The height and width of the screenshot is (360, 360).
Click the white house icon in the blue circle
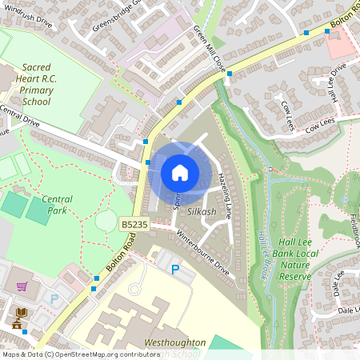pos(180,172)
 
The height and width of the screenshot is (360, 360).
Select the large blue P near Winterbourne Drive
pos(174,271)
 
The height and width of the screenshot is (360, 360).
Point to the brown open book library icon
pos(17,315)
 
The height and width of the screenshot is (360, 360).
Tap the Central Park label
pos(57,205)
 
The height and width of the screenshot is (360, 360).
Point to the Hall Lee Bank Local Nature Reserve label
pos(305,258)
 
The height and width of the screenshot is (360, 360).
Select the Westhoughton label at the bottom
pos(174,342)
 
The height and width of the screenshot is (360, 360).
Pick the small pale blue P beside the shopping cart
pos(54,298)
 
